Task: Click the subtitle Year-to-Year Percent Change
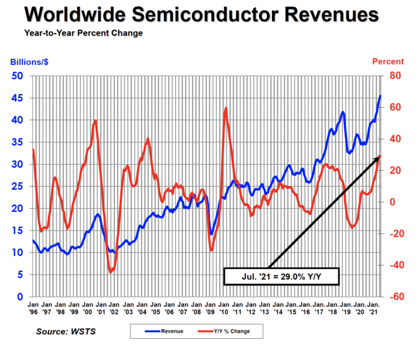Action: click(x=83, y=34)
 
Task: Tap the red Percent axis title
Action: click(x=388, y=62)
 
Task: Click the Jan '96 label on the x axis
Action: click(x=33, y=308)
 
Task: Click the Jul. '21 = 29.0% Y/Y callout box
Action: click(x=281, y=276)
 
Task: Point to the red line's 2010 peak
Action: click(x=225, y=108)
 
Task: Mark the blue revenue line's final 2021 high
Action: click(x=380, y=96)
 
